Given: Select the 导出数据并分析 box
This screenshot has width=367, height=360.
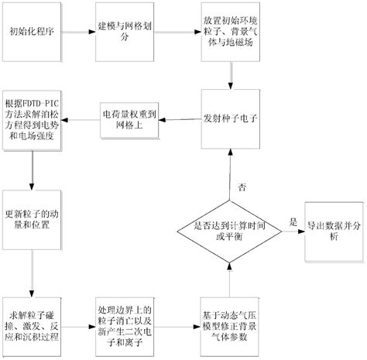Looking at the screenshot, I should [331, 226].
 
